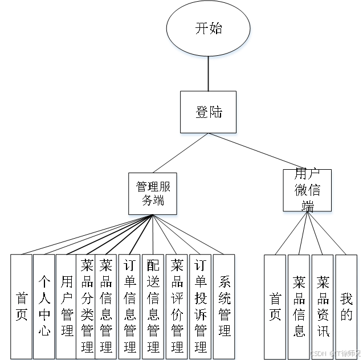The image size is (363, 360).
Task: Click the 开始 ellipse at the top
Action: (208, 29)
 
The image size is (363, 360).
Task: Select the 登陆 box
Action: (208, 112)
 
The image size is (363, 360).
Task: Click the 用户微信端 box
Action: (308, 190)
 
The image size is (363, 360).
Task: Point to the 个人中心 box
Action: (44, 306)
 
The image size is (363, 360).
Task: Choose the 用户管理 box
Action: (67, 306)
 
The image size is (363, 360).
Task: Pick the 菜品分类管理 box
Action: (87, 306)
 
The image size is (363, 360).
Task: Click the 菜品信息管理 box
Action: (106, 306)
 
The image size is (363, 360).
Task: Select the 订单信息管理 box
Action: (130, 306)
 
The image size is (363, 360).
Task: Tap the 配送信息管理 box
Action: (153, 306)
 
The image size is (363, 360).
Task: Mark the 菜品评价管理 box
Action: (177, 306)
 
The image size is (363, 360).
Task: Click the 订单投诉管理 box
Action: (201, 306)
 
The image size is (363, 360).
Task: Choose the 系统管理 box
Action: (225, 306)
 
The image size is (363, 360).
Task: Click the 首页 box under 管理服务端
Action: (21, 306)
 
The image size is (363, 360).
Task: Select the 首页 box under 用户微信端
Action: (275, 306)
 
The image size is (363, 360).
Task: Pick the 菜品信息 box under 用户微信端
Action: (299, 306)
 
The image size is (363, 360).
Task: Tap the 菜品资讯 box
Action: (323, 306)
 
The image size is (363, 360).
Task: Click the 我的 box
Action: (346, 306)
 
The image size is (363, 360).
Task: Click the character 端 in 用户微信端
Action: (308, 206)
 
